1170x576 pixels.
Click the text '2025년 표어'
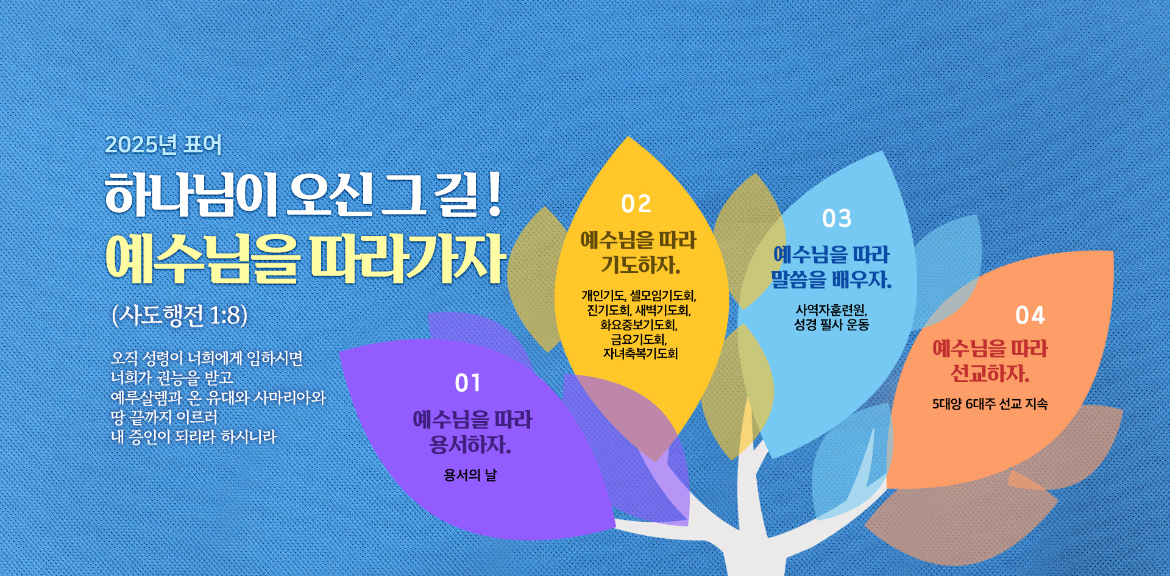(163, 144)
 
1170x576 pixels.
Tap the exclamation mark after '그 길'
(494, 194)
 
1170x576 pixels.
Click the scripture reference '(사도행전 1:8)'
(180, 315)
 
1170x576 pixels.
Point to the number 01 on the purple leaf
(468, 383)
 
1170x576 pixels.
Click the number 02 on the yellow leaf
(636, 204)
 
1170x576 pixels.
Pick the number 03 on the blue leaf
(837, 219)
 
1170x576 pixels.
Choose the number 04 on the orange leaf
(1030, 315)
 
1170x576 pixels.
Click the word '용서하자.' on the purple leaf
(470, 445)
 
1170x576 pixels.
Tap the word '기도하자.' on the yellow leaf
(640, 265)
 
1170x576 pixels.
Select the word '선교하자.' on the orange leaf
(990, 374)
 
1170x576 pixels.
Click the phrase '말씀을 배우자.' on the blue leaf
(831, 280)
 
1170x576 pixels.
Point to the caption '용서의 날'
(470, 475)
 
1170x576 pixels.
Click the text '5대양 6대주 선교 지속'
(990, 404)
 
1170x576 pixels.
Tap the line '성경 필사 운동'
(831, 324)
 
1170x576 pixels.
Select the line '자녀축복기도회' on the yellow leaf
(640, 354)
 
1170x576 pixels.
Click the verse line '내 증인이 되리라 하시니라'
(194, 436)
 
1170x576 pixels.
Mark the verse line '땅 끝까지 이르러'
(165, 417)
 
